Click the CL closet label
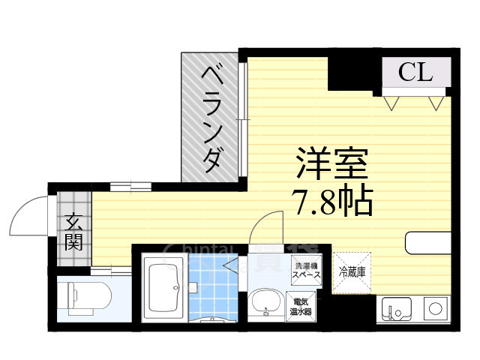[415, 73]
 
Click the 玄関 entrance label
[73, 231]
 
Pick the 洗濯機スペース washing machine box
[307, 270]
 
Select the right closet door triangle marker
[436, 103]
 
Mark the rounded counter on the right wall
[427, 243]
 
